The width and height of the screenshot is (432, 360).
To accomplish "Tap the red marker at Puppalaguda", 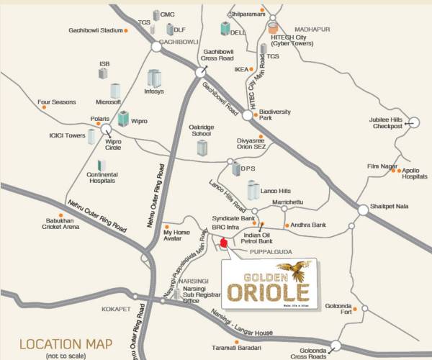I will [x=223, y=243].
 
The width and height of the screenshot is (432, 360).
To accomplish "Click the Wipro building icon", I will [x=123, y=118].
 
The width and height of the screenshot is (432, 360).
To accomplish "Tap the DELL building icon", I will [x=225, y=28].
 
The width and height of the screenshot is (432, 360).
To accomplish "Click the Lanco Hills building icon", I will [x=253, y=190].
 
